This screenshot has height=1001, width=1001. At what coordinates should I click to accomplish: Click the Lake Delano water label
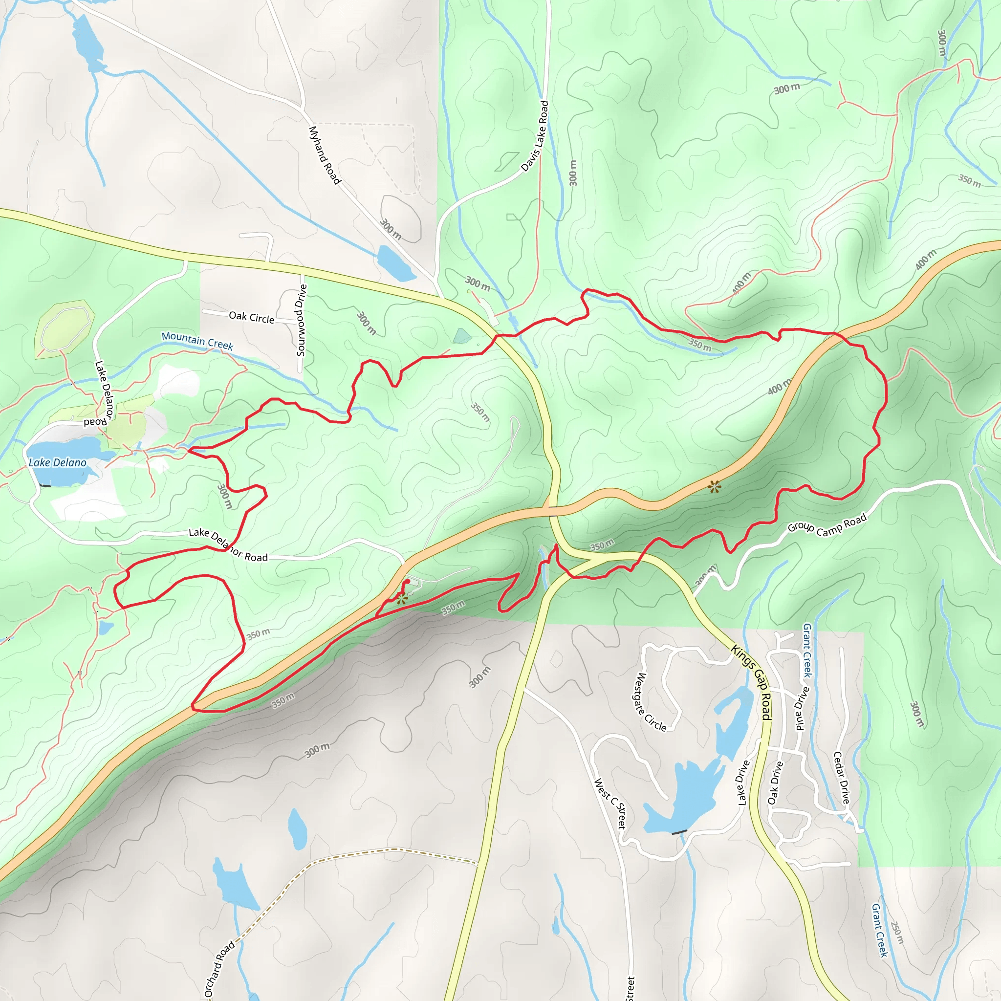coord(58,463)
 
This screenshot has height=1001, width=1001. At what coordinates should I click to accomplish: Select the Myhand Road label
coord(325,155)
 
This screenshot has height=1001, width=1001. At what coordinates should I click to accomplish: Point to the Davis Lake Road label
coord(535,136)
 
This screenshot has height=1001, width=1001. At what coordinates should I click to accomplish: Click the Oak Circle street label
coord(251,317)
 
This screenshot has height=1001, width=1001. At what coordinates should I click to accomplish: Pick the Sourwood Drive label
coord(301,320)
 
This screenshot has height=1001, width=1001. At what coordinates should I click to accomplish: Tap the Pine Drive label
coord(802,708)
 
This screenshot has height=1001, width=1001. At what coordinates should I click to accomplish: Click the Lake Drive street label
coord(743,783)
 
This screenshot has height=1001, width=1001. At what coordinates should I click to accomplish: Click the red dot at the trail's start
coord(408,582)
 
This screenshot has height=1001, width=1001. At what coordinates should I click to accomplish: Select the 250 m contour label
coord(897,933)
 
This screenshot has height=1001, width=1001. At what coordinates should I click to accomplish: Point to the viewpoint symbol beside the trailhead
coord(402,599)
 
